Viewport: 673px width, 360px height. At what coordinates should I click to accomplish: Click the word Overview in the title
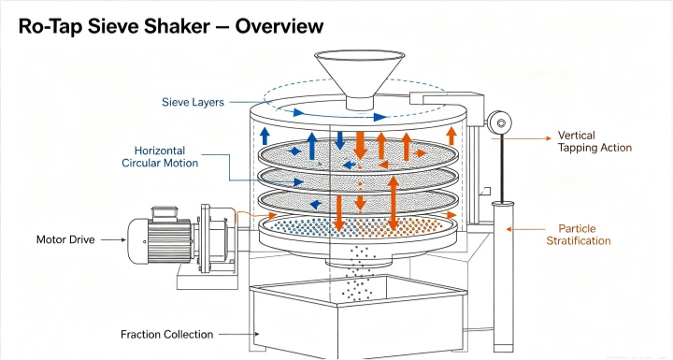click(279, 26)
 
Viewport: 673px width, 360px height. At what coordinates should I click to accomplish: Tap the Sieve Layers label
click(193, 102)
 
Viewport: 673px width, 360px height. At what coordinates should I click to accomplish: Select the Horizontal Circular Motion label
click(160, 157)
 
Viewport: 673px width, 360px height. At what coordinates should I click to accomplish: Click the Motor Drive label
click(65, 239)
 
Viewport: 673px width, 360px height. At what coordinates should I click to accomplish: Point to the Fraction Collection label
click(166, 334)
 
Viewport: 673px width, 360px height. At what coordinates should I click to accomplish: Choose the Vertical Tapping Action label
click(594, 141)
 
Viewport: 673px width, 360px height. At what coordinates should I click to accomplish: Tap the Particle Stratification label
click(579, 235)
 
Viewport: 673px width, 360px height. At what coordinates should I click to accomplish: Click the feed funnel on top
click(359, 79)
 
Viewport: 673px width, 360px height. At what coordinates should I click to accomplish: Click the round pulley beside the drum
click(499, 123)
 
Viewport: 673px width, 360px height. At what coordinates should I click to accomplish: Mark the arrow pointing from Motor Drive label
click(114, 239)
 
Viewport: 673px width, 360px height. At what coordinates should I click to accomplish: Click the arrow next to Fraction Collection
click(239, 334)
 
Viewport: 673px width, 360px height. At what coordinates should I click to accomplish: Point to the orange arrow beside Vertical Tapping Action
click(522, 138)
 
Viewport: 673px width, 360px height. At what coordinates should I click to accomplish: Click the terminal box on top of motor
click(165, 213)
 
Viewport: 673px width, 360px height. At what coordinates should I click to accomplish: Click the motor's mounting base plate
click(208, 281)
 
